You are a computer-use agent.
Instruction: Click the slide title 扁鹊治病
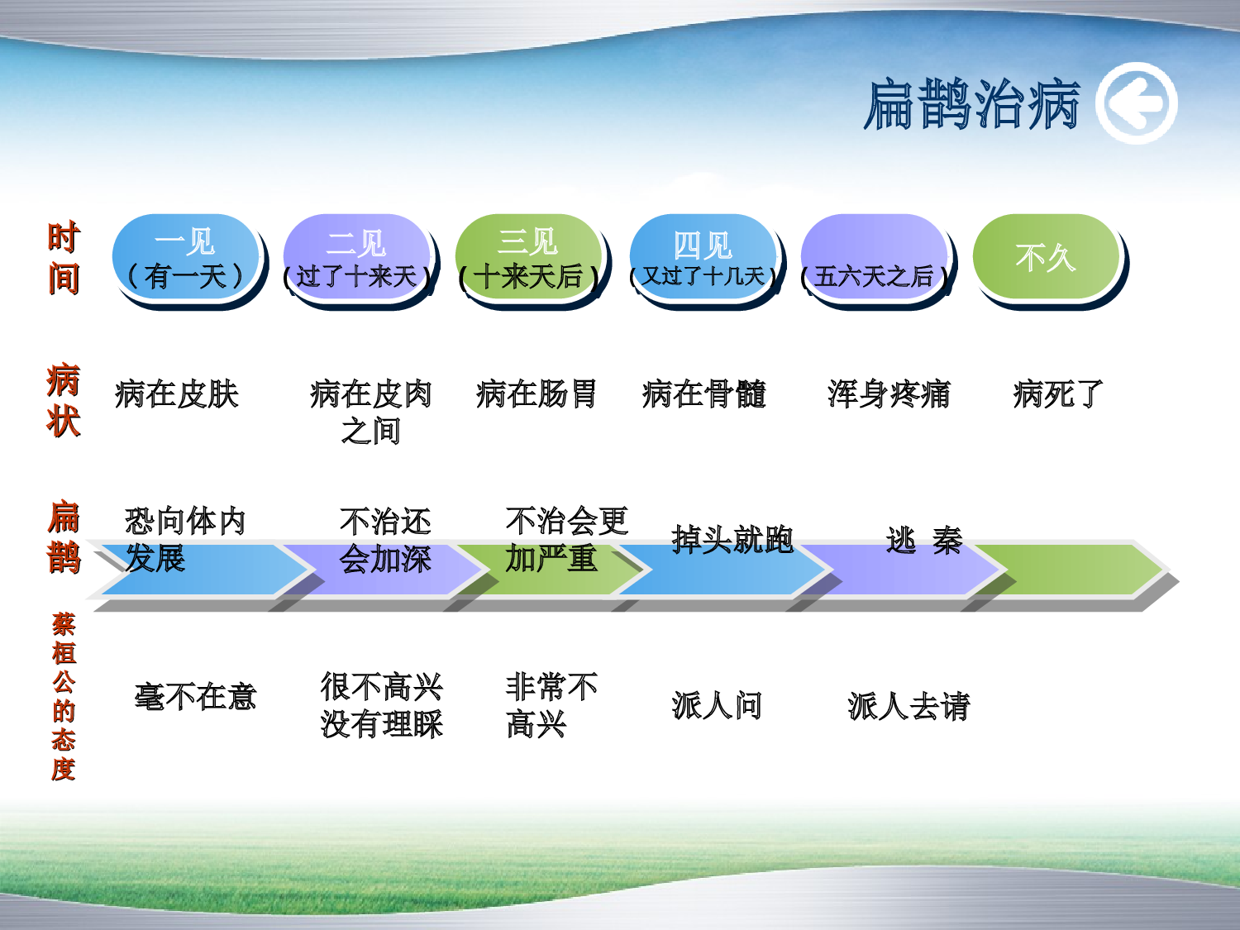pyautogui.click(x=971, y=105)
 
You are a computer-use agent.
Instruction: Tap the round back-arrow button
pyautogui.click(x=1136, y=104)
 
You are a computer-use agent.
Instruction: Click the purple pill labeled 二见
pyautogui.click(x=357, y=259)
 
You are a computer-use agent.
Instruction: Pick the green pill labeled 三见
pyautogui.click(x=529, y=259)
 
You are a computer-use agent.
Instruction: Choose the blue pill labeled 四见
pyautogui.click(x=703, y=260)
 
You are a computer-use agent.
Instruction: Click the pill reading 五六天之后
pyautogui.click(x=875, y=260)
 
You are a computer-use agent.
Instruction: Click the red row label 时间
pyautogui.click(x=64, y=258)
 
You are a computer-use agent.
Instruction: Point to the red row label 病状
pyautogui.click(x=64, y=400)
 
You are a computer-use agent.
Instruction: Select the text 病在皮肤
pyautogui.click(x=177, y=394)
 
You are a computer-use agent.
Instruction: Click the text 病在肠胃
pyautogui.click(x=537, y=394)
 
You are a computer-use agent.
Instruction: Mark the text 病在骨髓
pyautogui.click(x=704, y=394)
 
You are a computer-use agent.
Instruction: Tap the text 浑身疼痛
pyautogui.click(x=889, y=394)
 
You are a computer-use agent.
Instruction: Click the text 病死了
pyautogui.click(x=1058, y=394)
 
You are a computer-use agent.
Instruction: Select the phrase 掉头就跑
pyautogui.click(x=732, y=540)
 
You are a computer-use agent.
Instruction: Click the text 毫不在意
pyautogui.click(x=195, y=697)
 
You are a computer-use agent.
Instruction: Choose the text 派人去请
pyautogui.click(x=909, y=706)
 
